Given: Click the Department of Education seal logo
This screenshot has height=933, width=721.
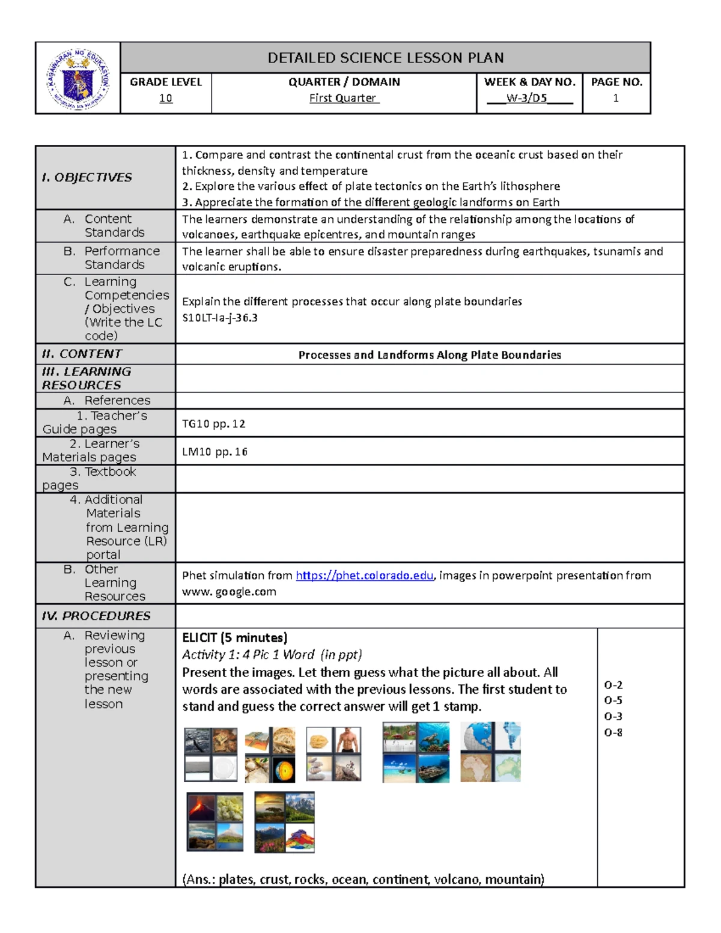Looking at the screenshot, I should coord(78,79).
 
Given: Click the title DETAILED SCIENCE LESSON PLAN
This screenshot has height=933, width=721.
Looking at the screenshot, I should coord(385,58).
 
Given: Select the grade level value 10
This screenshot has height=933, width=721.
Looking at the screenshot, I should coord(166,98).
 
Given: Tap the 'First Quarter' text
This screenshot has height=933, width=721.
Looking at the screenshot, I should coord(343,98).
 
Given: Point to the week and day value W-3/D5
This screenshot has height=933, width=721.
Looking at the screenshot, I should coord(527,98).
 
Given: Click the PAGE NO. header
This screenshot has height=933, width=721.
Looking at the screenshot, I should coord(616,82).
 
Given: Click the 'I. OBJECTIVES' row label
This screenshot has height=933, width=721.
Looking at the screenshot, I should coord(87,177).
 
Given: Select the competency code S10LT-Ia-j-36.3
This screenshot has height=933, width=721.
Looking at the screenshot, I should coord(220,318).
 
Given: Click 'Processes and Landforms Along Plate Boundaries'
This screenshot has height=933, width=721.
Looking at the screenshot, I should coord(430,354).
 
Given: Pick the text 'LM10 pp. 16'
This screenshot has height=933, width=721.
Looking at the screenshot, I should coord(214,452).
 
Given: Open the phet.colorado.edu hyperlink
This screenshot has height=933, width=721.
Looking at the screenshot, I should coord(365,576).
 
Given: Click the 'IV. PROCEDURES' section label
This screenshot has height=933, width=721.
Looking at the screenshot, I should coord(96,616).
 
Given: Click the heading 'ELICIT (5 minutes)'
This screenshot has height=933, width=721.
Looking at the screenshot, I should coord(235,637).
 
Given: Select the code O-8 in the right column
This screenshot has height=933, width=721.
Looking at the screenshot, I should coord(613,732).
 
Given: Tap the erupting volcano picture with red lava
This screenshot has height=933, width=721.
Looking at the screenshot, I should coord(201,807).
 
